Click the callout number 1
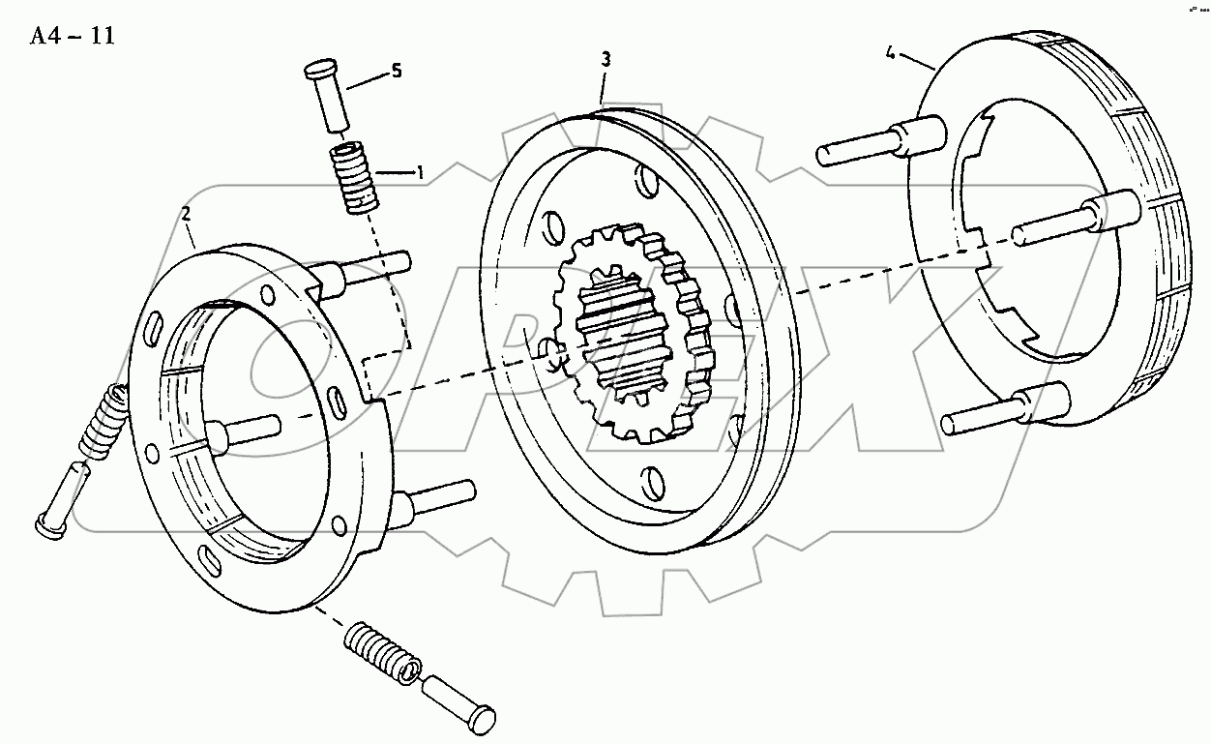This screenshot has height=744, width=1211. point(420,172)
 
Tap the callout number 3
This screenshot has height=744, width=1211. point(605,60)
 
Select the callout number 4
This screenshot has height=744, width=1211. point(890,48)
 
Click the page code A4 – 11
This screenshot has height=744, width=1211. point(73,37)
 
